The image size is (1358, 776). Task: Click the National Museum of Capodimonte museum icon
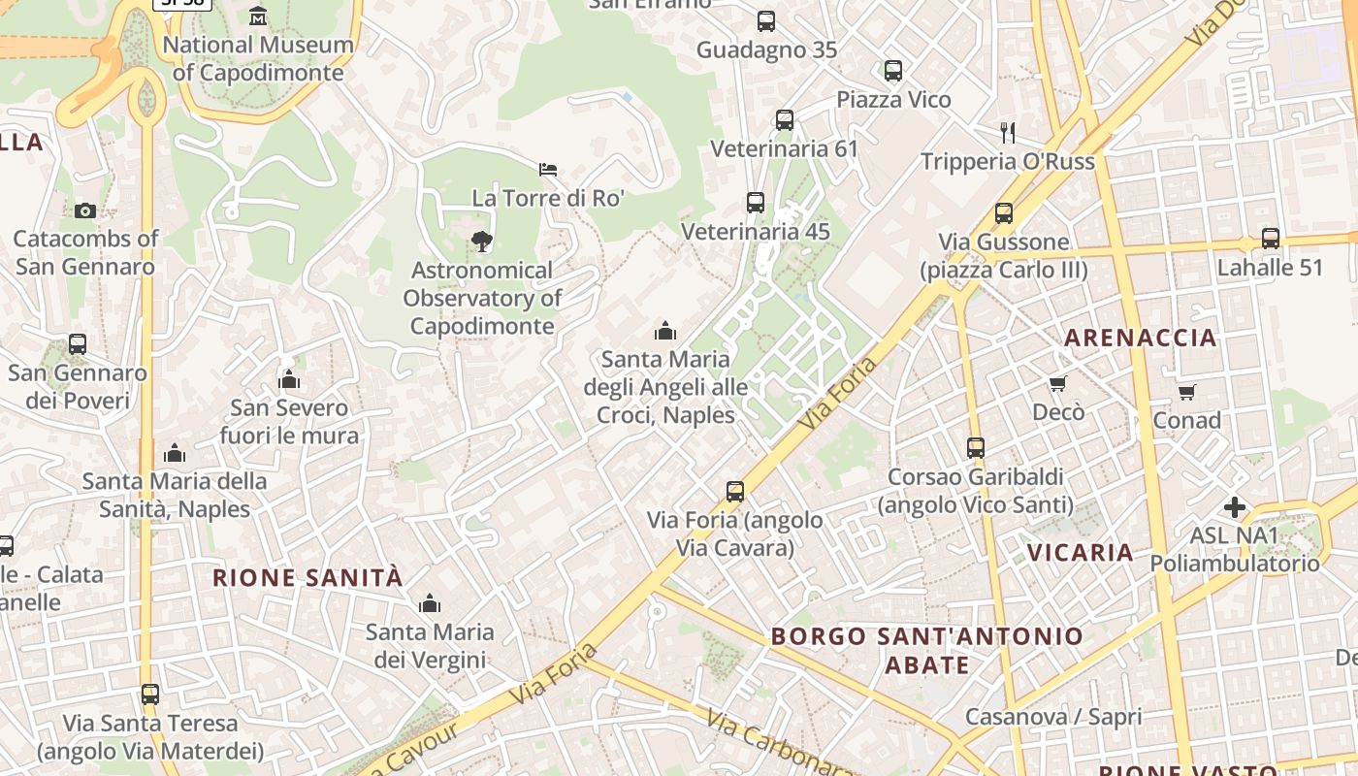pyautogui.click(x=258, y=16)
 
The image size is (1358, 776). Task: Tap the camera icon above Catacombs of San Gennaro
pyautogui.click(x=85, y=210)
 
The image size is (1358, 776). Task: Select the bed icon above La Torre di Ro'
pyautogui.click(x=548, y=170)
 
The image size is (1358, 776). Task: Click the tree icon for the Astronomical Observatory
pyautogui.click(x=481, y=242)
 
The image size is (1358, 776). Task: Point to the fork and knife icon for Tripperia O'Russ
pyautogui.click(x=1008, y=132)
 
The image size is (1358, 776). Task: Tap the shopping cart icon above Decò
pyautogui.click(x=1058, y=384)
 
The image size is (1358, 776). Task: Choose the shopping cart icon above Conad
pyautogui.click(x=1187, y=392)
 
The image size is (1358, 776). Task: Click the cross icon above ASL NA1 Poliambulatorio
pyautogui.click(x=1235, y=507)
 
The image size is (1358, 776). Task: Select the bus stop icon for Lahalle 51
pyautogui.click(x=1271, y=238)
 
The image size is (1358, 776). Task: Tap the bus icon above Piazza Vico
pyautogui.click(x=893, y=71)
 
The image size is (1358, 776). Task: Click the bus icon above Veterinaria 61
pyautogui.click(x=785, y=120)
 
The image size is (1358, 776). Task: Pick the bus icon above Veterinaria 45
pyautogui.click(x=756, y=203)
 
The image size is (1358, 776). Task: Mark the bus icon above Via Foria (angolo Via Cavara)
pyautogui.click(x=735, y=492)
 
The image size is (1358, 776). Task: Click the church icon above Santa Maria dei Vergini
pyautogui.click(x=430, y=604)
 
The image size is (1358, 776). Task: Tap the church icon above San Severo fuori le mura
pyautogui.click(x=289, y=379)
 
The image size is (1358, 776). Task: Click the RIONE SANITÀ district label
pyautogui.click(x=307, y=578)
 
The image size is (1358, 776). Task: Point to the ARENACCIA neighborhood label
pyautogui.click(x=1140, y=338)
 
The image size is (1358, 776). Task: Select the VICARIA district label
pyautogui.click(x=1080, y=553)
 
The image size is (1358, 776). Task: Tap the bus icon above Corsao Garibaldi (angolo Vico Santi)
pyautogui.click(x=976, y=448)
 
